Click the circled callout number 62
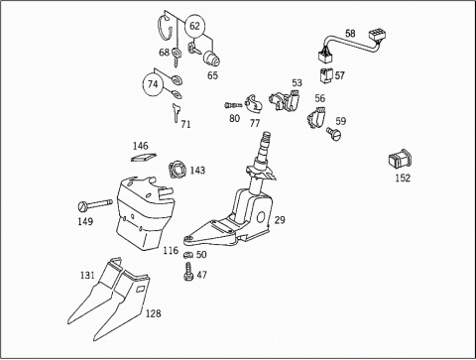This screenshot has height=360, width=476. [x=195, y=26]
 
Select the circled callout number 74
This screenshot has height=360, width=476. [x=153, y=84]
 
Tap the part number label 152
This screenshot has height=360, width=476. [x=403, y=179]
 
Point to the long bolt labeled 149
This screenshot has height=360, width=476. [x=95, y=204]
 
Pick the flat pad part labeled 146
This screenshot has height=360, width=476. [x=144, y=158]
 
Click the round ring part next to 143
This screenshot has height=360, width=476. [x=178, y=170]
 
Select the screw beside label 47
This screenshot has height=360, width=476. [x=188, y=272]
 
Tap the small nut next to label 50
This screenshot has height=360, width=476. [x=188, y=255]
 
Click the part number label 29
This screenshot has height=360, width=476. [x=280, y=220]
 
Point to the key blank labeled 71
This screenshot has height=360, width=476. [x=176, y=113]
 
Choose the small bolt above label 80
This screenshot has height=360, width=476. [x=233, y=105]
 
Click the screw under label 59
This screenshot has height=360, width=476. [x=333, y=133]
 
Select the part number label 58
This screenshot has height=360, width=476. [x=350, y=34]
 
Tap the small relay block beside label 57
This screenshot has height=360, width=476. [x=326, y=75]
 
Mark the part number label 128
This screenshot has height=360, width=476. [x=154, y=313]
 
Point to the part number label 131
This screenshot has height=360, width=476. [x=87, y=275]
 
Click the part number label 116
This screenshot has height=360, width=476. [x=171, y=250]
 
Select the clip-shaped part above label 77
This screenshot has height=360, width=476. [x=253, y=103]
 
